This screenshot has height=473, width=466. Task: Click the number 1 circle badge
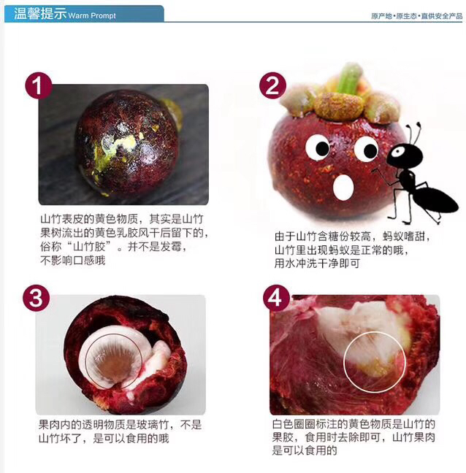(38, 85)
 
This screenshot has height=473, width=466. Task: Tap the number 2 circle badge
(273, 85)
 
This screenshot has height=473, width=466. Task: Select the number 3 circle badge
(37, 299)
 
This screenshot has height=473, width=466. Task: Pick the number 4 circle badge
(276, 299)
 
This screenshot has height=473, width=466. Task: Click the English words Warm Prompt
(92, 15)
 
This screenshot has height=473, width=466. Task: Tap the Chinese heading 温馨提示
(40, 14)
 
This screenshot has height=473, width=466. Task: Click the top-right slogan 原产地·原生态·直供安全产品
(417, 16)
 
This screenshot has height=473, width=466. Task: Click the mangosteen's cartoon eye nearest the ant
(366, 149)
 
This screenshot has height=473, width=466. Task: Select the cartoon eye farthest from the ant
(318, 147)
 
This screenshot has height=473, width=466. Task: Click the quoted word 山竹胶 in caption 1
(89, 247)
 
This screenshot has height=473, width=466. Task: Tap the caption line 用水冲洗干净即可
(317, 264)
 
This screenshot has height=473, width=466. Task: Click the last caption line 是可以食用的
(305, 450)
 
